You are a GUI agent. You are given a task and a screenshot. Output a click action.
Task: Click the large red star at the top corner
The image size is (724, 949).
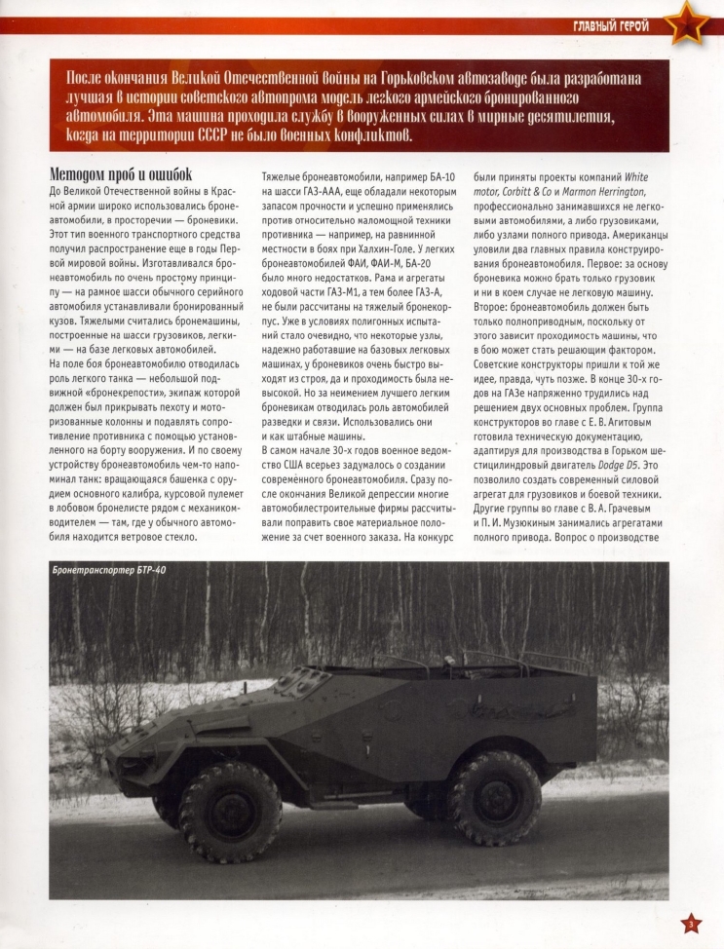point(690,20)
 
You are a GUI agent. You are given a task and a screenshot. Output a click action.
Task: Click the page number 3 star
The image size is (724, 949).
point(690,923)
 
